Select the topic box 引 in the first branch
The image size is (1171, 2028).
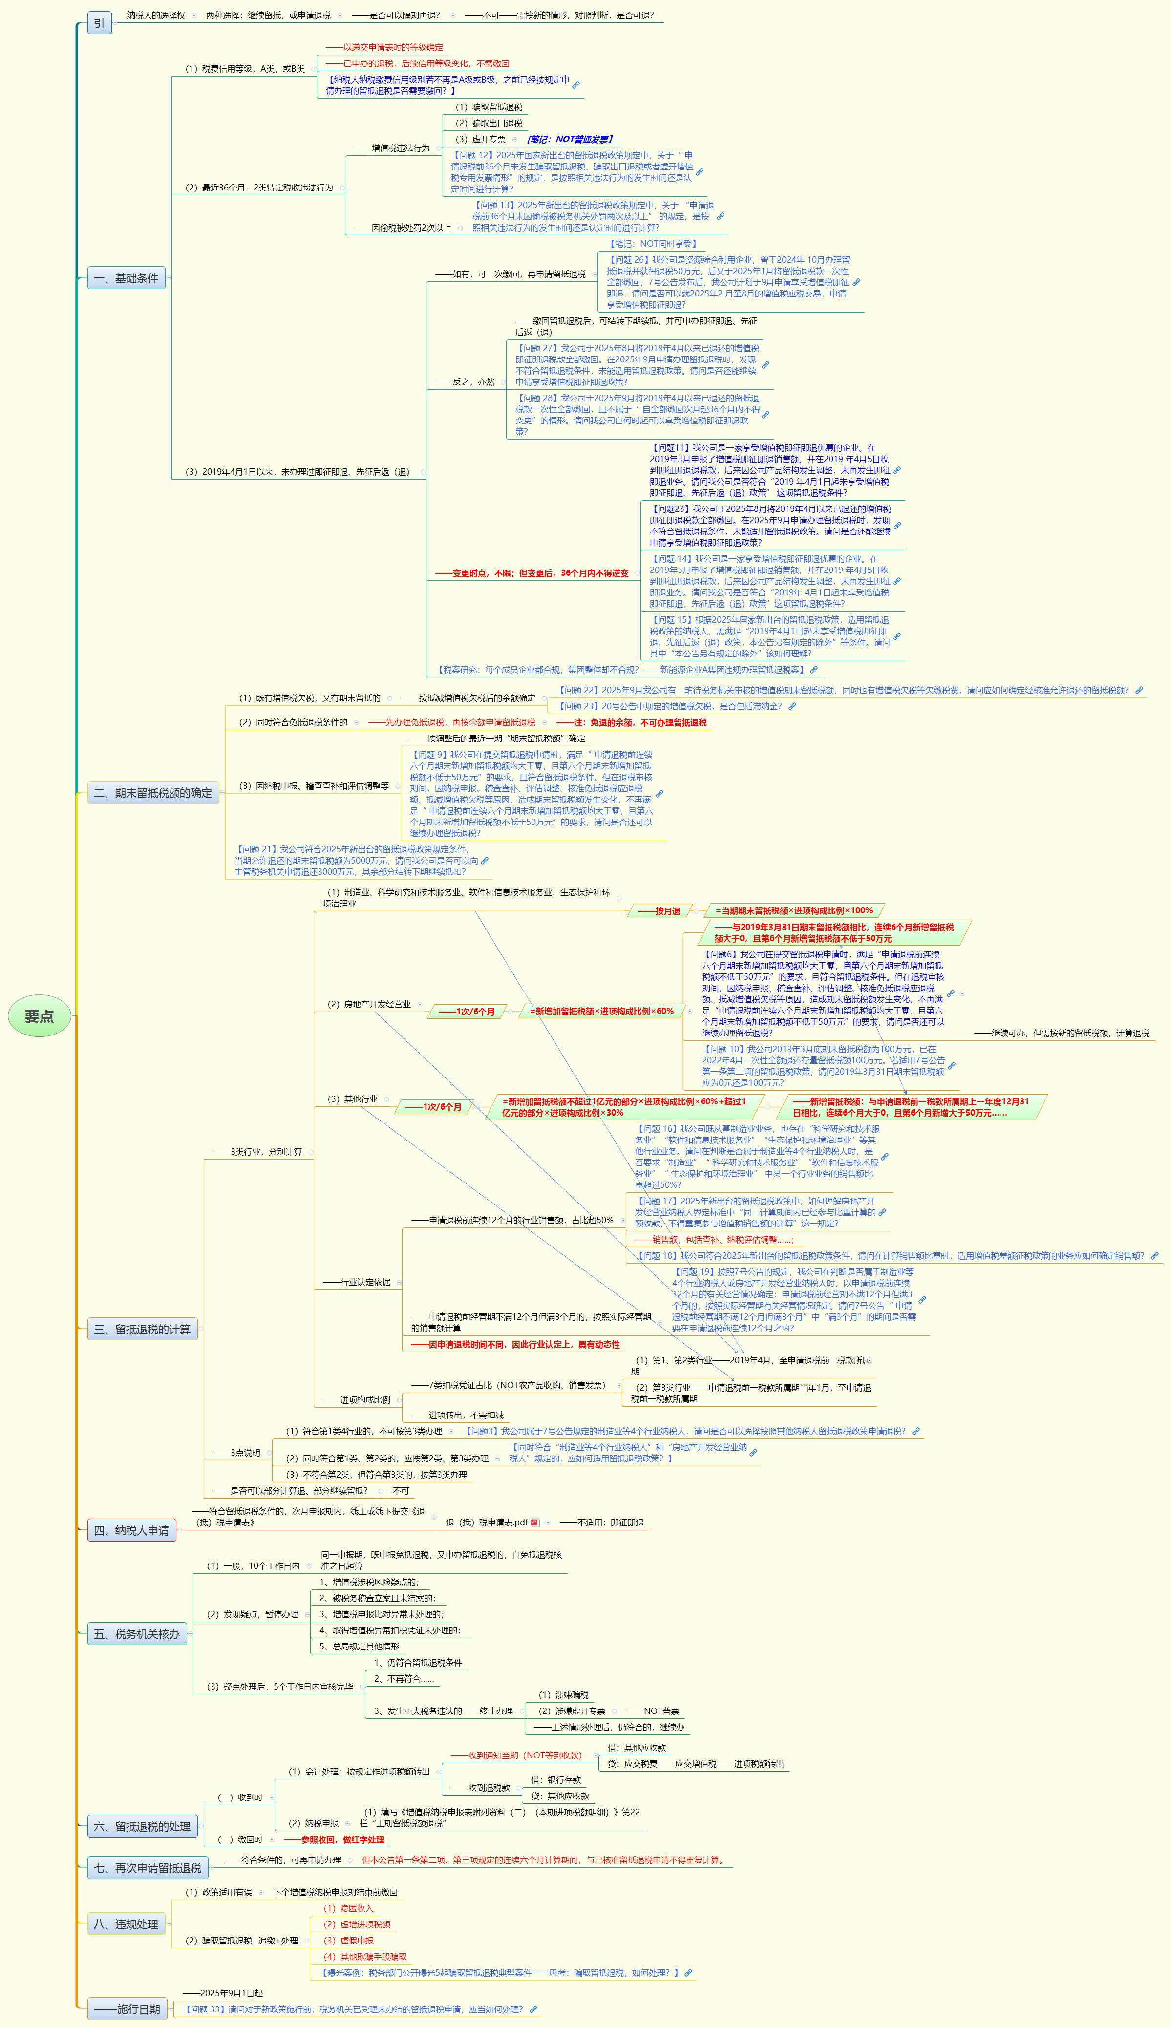coord(99,22)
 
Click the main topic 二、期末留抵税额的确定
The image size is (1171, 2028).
coord(153,793)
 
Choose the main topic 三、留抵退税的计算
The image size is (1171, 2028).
coord(142,1329)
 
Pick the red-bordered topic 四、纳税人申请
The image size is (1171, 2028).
coord(132,1530)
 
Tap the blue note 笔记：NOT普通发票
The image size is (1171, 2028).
coord(570,139)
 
